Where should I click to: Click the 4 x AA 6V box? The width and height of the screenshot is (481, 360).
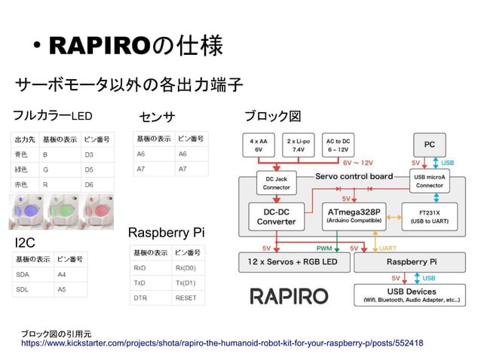click(259, 145)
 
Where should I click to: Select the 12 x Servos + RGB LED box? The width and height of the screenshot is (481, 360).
click(294, 263)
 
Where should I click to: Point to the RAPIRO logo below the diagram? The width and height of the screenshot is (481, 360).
click(289, 295)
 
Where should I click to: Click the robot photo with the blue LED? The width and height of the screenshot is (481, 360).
click(29, 212)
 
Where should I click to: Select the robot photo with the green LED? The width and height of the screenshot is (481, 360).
click(66, 212)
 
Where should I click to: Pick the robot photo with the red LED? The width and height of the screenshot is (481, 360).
click(101, 212)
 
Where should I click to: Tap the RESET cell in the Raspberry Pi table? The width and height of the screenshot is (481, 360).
click(185, 297)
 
